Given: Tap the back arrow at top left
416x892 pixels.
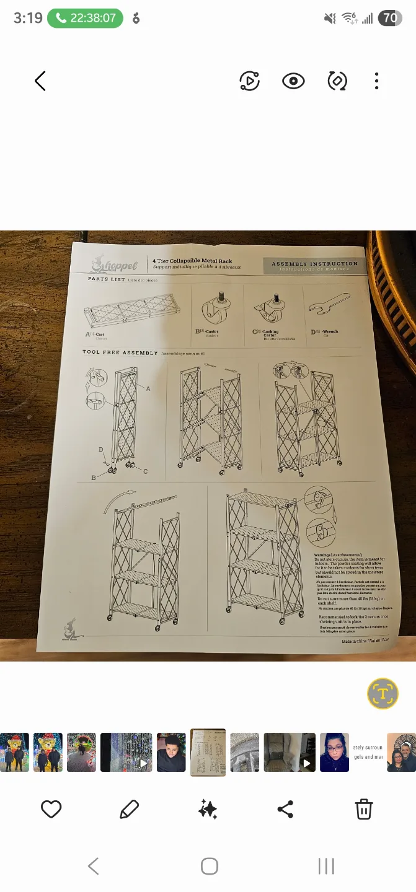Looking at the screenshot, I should point(40,81).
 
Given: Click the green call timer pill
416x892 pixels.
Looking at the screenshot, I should point(86,18).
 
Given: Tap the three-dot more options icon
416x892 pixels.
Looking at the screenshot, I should point(376,81).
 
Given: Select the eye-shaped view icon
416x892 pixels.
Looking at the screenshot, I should point(293,81).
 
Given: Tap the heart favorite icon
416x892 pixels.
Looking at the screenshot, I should point(51,809).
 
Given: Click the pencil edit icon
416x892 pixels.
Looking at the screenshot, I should point(129,809).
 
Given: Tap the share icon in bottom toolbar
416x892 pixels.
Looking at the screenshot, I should point(285,809).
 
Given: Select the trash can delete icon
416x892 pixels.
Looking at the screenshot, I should point(363,809).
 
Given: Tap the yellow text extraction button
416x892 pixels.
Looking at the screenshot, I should point(383,693).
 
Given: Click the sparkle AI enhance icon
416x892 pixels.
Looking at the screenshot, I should point(208,809).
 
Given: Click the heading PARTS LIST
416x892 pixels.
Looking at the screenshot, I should point(106,279).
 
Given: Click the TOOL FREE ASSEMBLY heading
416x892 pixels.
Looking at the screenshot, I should point(120,352).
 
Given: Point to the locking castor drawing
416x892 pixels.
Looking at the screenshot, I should point(270,308).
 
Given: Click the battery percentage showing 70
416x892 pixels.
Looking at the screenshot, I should point(390,18).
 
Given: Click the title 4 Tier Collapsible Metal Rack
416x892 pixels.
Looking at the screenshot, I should point(193,261).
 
